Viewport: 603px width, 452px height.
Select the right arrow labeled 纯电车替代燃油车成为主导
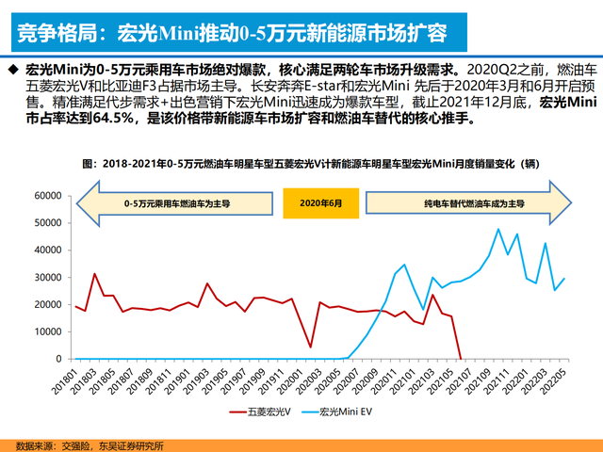[x=470, y=202]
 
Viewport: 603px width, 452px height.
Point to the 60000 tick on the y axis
[x=44, y=196]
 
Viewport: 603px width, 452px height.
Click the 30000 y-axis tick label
[x=44, y=278]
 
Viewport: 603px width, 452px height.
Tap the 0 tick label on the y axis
[x=57, y=359]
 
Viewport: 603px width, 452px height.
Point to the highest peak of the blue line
[x=498, y=229]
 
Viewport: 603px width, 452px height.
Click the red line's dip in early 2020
[x=310, y=347]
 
